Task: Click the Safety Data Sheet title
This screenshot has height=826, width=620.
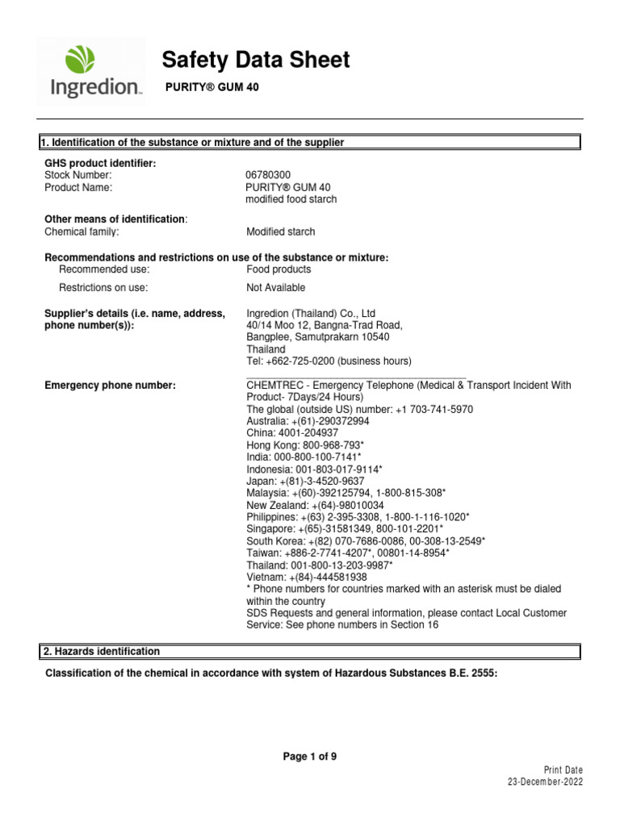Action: [256, 60]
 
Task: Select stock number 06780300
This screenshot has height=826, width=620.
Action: [270, 175]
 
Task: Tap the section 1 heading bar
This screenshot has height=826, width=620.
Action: [310, 143]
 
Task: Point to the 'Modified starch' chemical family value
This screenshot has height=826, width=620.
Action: [280, 232]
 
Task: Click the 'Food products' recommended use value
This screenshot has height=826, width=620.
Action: [278, 269]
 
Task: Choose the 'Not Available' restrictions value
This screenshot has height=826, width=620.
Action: [275, 288]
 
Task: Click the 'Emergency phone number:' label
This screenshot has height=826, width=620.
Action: [110, 386]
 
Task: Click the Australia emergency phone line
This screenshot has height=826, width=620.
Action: [308, 421]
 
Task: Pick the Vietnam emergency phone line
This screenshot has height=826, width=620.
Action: [306, 577]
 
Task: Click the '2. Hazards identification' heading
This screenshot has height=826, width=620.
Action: [100, 652]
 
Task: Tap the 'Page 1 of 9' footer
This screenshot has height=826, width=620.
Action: [309, 757]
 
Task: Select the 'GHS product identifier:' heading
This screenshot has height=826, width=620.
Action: [100, 164]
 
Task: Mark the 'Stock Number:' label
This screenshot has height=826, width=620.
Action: [78, 175]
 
